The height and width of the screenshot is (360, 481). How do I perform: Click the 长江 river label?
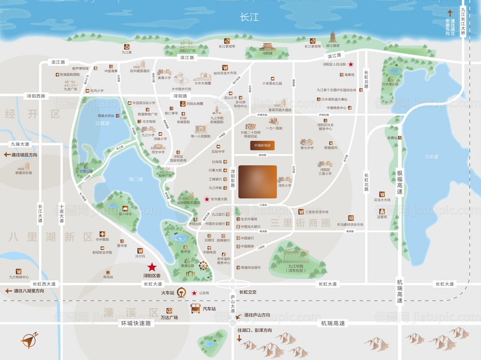tap(250, 18)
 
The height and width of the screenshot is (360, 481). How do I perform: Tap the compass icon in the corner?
tap(29, 340)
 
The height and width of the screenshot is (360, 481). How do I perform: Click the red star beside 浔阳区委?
tap(152, 266)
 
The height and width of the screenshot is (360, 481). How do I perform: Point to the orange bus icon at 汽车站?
tap(196, 309)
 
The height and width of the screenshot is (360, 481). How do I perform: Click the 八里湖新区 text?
tap(51, 236)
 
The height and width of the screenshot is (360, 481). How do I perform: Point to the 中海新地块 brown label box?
tap(262, 145)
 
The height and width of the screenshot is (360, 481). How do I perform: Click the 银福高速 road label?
tap(399, 182)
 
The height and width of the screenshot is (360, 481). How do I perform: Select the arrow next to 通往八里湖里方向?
tap(8, 290)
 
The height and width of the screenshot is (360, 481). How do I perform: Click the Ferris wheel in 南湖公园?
tap(204, 266)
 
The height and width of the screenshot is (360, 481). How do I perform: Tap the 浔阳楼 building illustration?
tap(267, 50)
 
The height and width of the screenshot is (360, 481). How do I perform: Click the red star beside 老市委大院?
tap(207, 199)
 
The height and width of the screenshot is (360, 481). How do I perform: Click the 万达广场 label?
tap(168, 317)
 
